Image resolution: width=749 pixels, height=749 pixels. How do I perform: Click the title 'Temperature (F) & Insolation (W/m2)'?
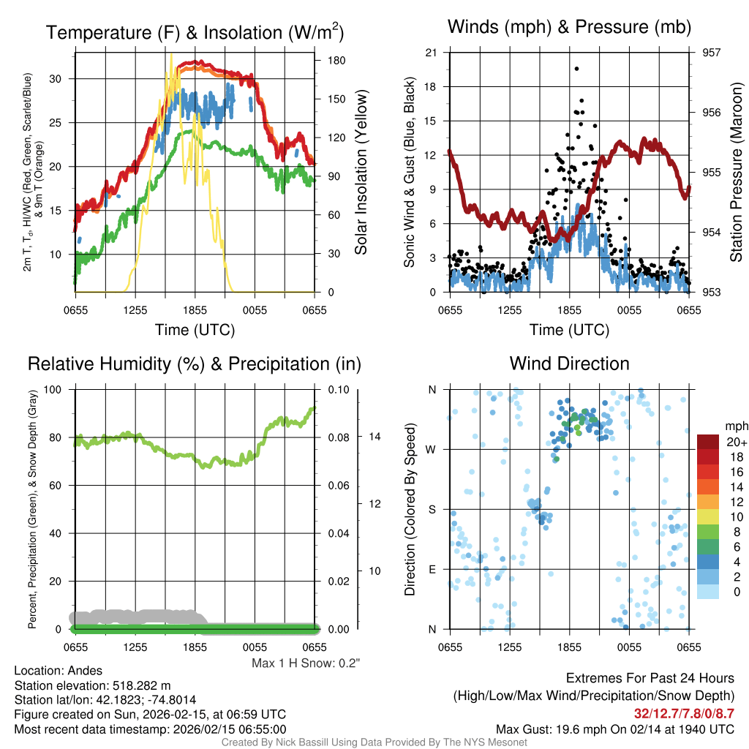(195, 32)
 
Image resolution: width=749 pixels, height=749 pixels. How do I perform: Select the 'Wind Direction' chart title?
(569, 364)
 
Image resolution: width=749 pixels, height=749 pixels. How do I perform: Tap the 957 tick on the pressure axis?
(712, 53)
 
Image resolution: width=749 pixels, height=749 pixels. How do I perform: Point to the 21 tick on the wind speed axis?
(432, 53)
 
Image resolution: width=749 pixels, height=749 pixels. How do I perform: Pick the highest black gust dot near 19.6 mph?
(576, 69)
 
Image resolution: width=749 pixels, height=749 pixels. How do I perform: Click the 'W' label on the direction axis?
(432, 449)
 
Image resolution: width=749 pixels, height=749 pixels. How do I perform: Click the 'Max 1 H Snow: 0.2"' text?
(306, 663)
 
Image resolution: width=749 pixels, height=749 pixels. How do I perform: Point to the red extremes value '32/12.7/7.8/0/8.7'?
(685, 712)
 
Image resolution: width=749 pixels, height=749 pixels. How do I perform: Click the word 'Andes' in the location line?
(84, 671)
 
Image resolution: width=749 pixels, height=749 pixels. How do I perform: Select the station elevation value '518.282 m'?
(141, 685)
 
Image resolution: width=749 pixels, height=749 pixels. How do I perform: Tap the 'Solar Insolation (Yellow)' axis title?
(360, 173)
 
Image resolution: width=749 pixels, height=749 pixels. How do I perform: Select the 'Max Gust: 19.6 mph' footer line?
(614, 729)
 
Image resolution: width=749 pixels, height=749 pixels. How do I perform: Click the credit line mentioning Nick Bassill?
(374, 742)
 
